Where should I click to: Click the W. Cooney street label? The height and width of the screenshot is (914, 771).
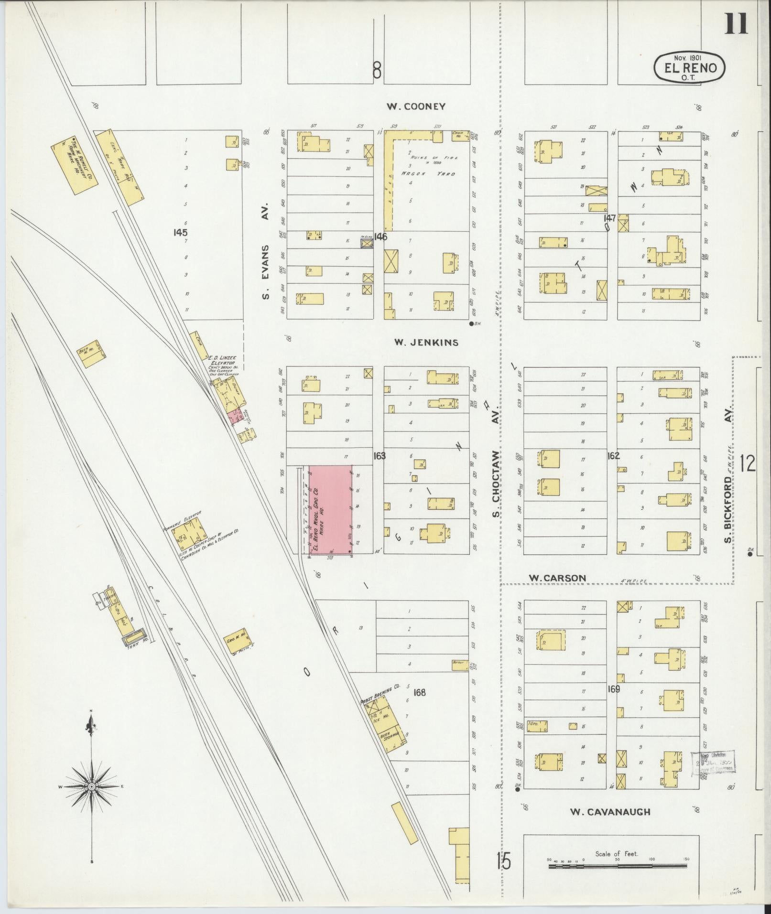click(415, 107)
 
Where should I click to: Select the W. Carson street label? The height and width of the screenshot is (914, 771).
click(557, 578)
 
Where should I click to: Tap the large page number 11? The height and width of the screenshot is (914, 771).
click(735, 24)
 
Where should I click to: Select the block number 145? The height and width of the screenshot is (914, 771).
click(181, 233)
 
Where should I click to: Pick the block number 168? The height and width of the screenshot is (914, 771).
click(420, 692)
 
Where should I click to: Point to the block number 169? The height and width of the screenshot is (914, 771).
click(614, 689)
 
